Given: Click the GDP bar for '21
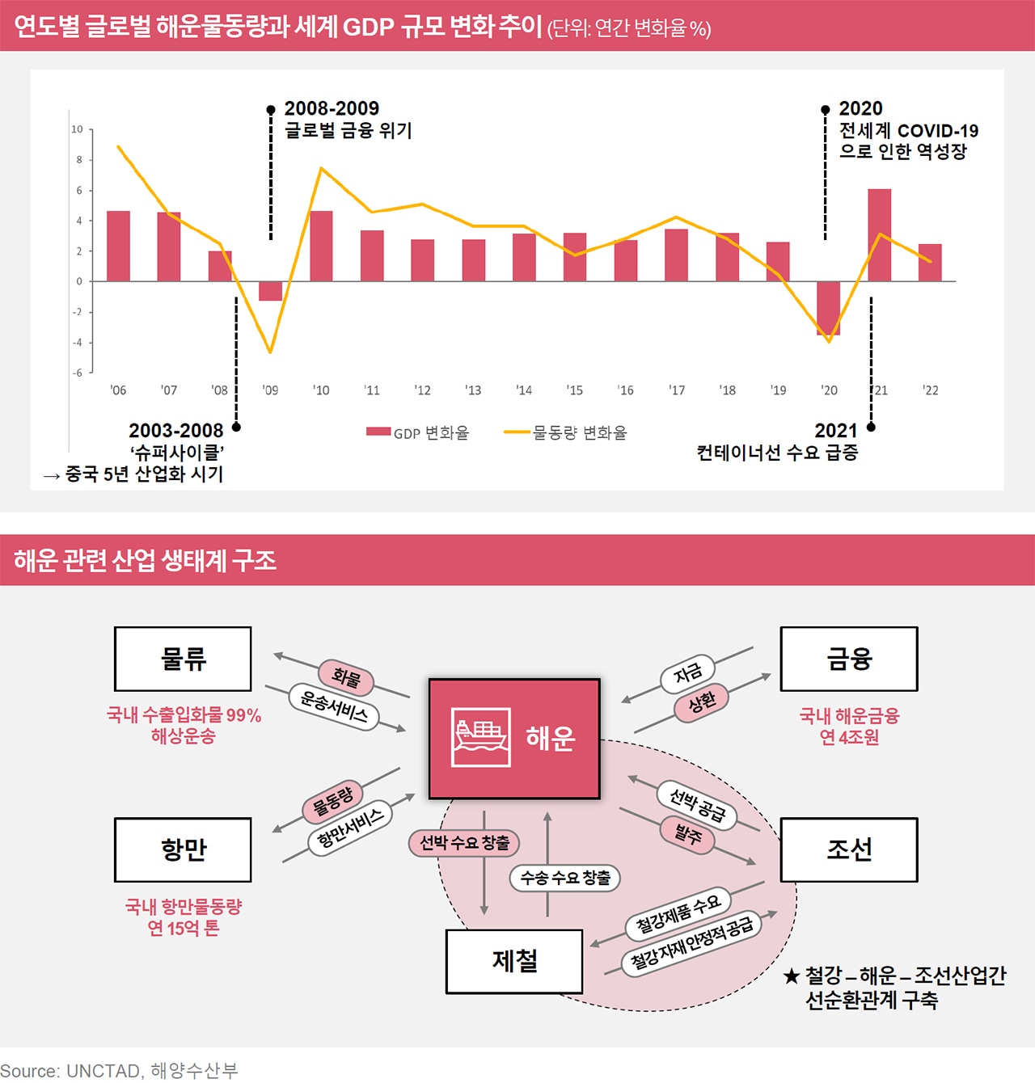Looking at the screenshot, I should pos(879,235).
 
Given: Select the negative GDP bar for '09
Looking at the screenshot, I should pos(270,291).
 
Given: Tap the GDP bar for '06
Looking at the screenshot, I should pos(118,246).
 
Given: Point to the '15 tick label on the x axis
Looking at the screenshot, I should pos(574,390).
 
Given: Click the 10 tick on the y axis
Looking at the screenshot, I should pos(77,129).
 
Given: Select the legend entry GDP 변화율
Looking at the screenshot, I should pos(417,433).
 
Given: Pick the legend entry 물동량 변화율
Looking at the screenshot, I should pos(566,433).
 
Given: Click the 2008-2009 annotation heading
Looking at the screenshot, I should pos(332,108).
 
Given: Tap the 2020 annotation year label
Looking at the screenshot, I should pos(860,108).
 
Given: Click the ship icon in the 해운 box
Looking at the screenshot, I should pos(481,737).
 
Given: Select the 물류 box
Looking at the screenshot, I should pos(183,659).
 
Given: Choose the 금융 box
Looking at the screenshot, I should pos(848,659).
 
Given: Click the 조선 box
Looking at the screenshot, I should pos(848,849).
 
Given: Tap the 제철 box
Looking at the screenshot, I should pos(514,961).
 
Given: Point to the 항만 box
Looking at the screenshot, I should pos(183,849).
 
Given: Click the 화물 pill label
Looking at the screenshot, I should pos(346,677).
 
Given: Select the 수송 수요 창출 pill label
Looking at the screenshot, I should pos(564,878).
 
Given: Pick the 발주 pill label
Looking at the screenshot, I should pos(688,834).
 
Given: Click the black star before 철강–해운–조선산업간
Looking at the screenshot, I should pos(792,976).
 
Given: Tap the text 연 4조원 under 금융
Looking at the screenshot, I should pos(848,738).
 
